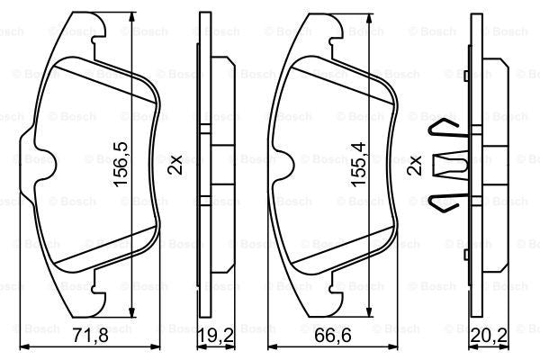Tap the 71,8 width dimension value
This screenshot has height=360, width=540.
click(x=91, y=339)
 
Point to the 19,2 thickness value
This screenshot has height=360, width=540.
click(x=213, y=339)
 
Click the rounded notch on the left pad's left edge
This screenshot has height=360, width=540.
click(x=42, y=165)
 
